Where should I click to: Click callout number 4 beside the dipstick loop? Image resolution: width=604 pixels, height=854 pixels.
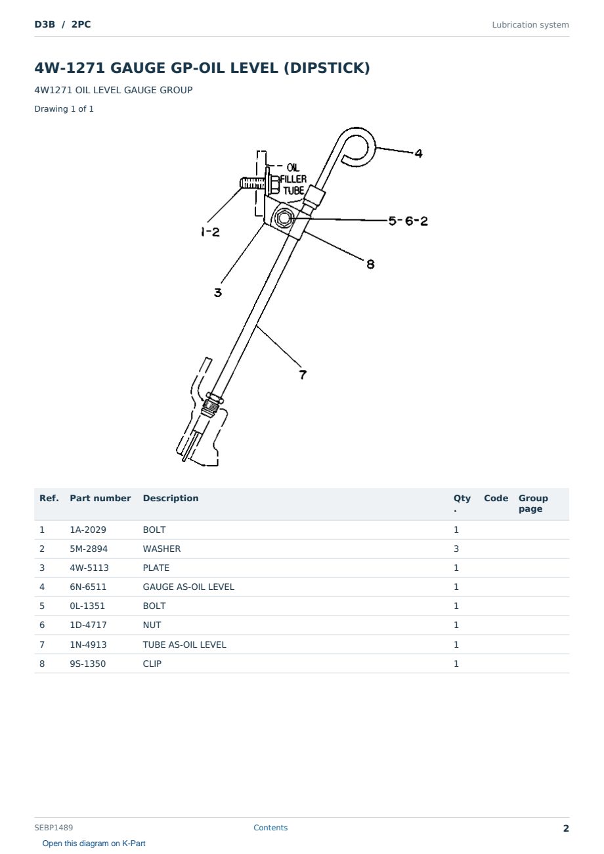pos(418,153)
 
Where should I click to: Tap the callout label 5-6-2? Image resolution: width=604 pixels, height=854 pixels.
pos(408,221)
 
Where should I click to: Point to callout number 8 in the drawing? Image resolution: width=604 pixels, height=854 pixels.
pos(370,264)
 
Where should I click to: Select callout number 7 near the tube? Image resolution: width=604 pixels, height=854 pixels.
pos(303,374)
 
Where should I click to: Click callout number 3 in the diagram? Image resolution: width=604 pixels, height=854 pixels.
pos(217,292)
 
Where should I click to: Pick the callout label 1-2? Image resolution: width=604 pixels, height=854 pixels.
pos(210,232)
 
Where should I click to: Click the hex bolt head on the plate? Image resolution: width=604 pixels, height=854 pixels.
pos(283,218)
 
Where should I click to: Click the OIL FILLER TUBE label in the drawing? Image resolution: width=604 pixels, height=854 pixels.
pos(293,179)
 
